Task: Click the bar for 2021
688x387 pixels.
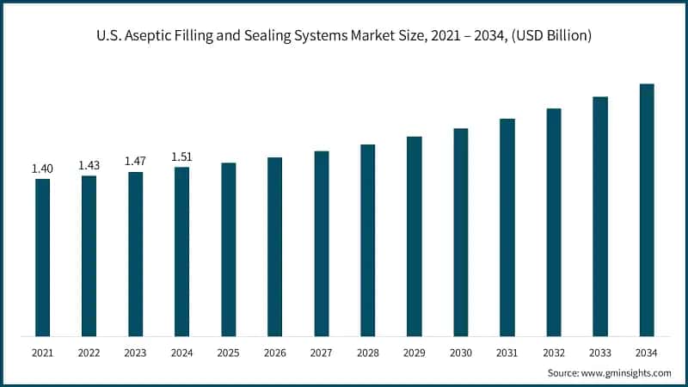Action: pos(42,257)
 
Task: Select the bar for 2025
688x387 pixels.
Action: pos(229,249)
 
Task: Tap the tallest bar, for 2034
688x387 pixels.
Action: pos(647,210)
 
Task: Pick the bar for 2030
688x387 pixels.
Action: pos(461,232)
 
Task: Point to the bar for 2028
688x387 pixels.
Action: pos(368,240)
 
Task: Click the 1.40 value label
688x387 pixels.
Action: pos(42,169)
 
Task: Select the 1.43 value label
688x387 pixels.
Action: pos(89,165)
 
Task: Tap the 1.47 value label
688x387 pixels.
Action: pos(136,161)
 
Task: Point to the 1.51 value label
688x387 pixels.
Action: pos(182,157)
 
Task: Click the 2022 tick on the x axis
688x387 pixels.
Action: pos(89,353)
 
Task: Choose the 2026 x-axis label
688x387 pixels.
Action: pos(275,353)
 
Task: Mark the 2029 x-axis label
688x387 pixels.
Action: pos(415,353)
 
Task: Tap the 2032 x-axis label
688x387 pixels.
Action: pos(554,353)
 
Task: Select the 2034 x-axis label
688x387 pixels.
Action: pos(647,353)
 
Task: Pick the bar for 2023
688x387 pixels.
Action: pos(136,254)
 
